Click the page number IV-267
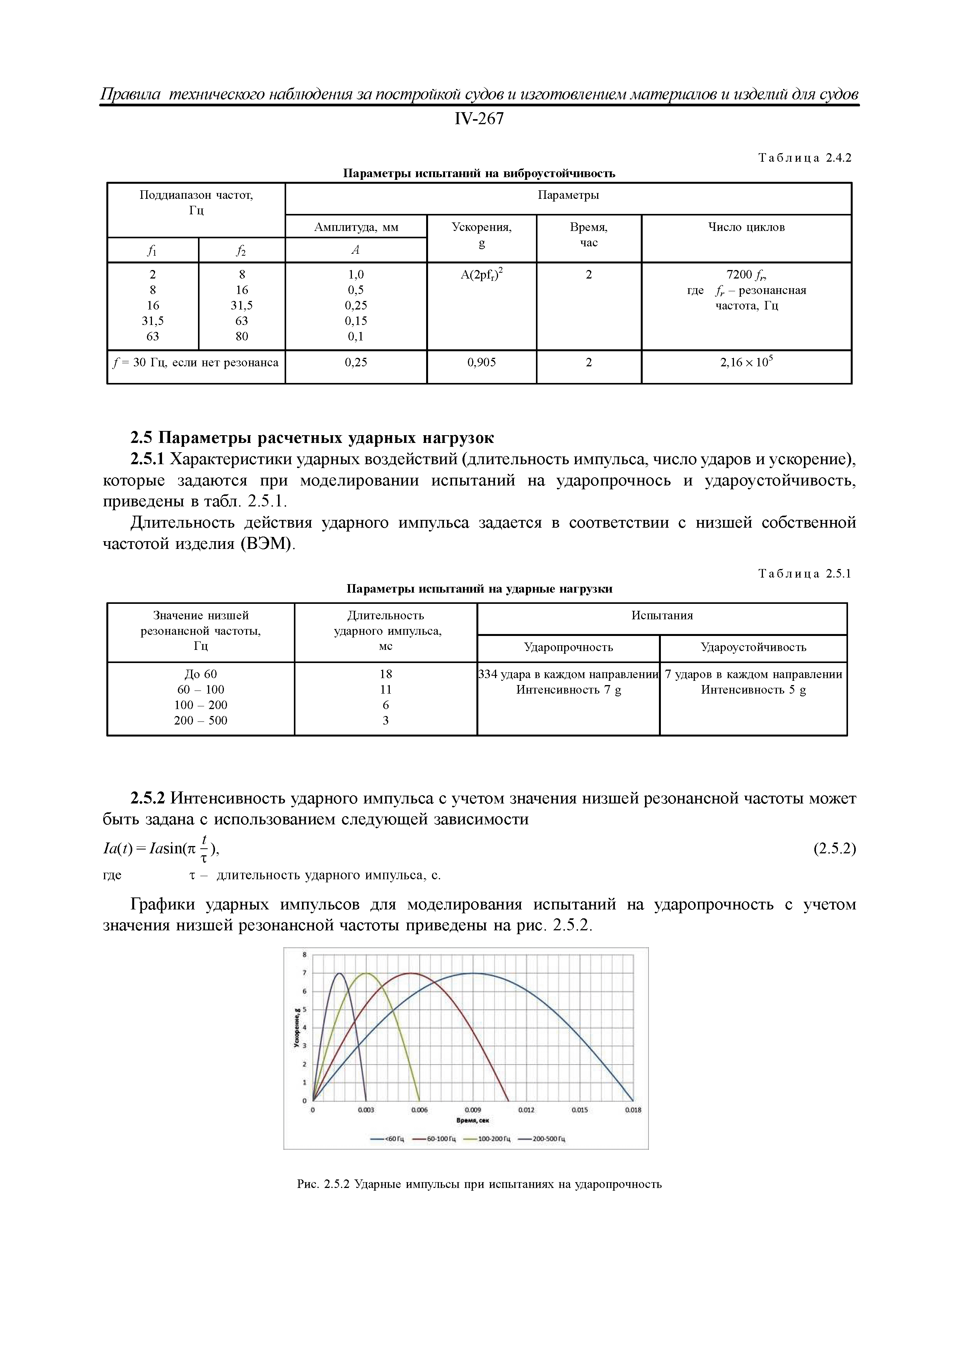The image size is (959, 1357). (479, 119)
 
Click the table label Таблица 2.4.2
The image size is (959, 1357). (804, 158)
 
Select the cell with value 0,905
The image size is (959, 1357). (481, 362)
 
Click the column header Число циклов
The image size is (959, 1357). (746, 227)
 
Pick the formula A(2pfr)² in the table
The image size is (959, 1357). (481, 275)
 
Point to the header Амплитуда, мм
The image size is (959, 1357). (356, 227)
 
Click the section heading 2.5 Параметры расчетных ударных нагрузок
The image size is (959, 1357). (312, 438)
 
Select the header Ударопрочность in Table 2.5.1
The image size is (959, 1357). (568, 647)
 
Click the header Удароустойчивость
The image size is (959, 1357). (753, 647)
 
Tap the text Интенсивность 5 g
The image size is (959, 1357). (753, 690)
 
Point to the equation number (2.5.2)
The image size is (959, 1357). (834, 849)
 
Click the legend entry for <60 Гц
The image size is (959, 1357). (387, 1139)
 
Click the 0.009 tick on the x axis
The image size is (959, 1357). (473, 1110)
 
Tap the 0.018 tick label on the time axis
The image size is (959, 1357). (633, 1110)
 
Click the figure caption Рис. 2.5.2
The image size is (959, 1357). (479, 1184)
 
